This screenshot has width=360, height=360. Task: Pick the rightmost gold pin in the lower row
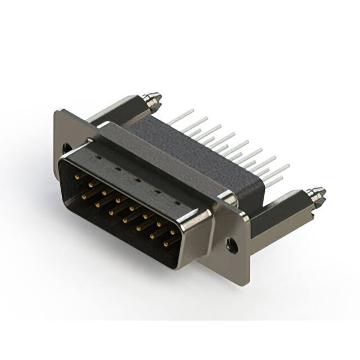[166, 244]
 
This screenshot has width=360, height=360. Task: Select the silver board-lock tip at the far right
[318, 195]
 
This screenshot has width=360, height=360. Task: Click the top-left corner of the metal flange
[56, 111]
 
